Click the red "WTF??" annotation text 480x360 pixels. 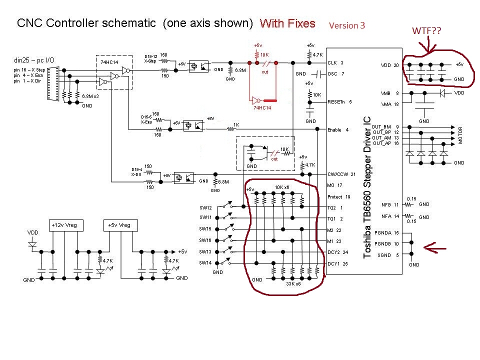pyautogui.click(x=426, y=31)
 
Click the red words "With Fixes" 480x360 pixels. pyautogui.click(x=287, y=23)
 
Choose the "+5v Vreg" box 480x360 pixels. pyautogui.click(x=119, y=225)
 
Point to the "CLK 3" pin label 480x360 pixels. pyautogui.click(x=335, y=63)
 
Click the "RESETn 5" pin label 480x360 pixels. pyautogui.click(x=340, y=101)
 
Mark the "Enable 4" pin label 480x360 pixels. pyautogui.click(x=338, y=129)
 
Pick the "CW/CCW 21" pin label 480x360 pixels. pyautogui.click(x=340, y=174)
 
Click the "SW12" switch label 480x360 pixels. pyautogui.click(x=205, y=207)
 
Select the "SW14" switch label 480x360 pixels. pyautogui.click(x=205, y=262)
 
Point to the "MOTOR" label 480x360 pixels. pyautogui.click(x=460, y=135)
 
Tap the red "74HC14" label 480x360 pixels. pyautogui.click(x=261, y=108)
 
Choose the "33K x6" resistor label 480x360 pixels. pyautogui.click(x=293, y=284)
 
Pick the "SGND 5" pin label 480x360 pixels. pyautogui.click(x=388, y=255)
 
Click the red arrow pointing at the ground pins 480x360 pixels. pyautogui.click(x=435, y=245)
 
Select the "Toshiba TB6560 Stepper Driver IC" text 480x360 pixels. pyautogui.click(x=367, y=187)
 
